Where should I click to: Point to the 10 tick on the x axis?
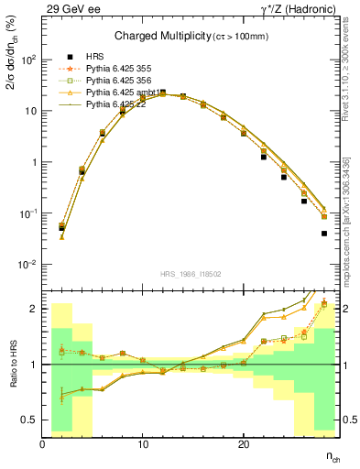143,444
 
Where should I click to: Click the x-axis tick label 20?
244,444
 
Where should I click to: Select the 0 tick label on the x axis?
43,444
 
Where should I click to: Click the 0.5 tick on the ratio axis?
31,420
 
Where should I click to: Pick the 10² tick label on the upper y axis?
28,60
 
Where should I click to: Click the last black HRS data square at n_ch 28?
324,234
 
